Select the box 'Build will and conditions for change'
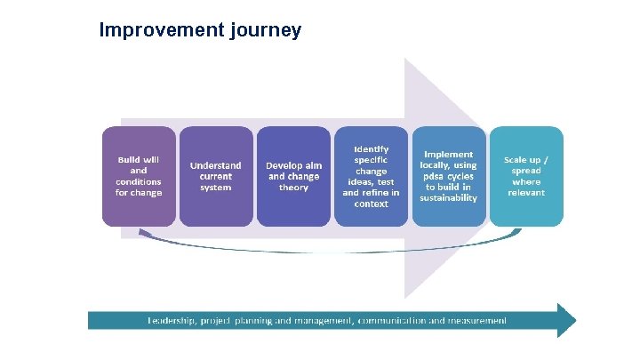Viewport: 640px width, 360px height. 138,176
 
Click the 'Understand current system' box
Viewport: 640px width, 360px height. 215,176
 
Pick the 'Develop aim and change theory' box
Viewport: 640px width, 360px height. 293,176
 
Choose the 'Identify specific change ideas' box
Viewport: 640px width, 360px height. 371,176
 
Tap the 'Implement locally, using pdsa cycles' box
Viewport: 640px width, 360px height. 449,176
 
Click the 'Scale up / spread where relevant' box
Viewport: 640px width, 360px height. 526,176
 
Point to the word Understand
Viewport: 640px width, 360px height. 215,165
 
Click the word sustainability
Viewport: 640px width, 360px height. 449,198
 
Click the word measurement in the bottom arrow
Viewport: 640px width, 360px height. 476,320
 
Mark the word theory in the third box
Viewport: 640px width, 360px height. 293,188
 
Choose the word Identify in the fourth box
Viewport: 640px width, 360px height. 371,148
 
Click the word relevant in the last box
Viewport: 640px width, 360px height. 526,193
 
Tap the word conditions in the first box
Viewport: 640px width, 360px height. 138,181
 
